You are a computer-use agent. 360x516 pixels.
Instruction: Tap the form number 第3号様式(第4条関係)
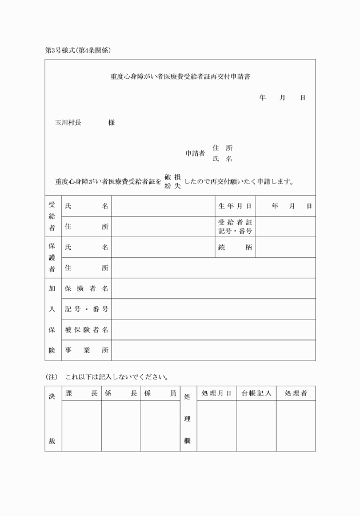coord(78,50)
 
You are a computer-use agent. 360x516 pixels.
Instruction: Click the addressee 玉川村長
coord(68,122)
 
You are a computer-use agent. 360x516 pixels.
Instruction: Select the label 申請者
coord(195,154)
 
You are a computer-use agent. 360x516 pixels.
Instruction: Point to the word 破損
coord(173,177)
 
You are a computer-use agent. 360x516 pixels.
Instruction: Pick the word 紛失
coord(173,187)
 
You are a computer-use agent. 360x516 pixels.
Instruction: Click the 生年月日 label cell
coord(234,206)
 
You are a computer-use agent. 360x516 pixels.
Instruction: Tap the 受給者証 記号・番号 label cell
coord(235,226)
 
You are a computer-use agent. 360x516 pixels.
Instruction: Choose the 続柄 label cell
coord(235,247)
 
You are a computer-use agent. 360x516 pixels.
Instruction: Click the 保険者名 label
coord(87,289)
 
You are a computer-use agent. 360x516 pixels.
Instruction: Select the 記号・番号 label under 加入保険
coord(87,309)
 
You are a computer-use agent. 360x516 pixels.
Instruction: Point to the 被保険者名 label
coord(87,330)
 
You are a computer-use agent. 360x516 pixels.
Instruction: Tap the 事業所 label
coord(87,350)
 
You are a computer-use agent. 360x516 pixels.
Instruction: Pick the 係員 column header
coord(160,393)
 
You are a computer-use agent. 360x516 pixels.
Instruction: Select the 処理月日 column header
coord(216,393)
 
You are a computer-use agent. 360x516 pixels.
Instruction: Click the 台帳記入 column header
coord(255,393)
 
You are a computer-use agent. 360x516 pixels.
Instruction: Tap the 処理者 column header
coord(295,393)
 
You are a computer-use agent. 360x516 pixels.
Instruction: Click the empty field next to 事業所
coord(213,350)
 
